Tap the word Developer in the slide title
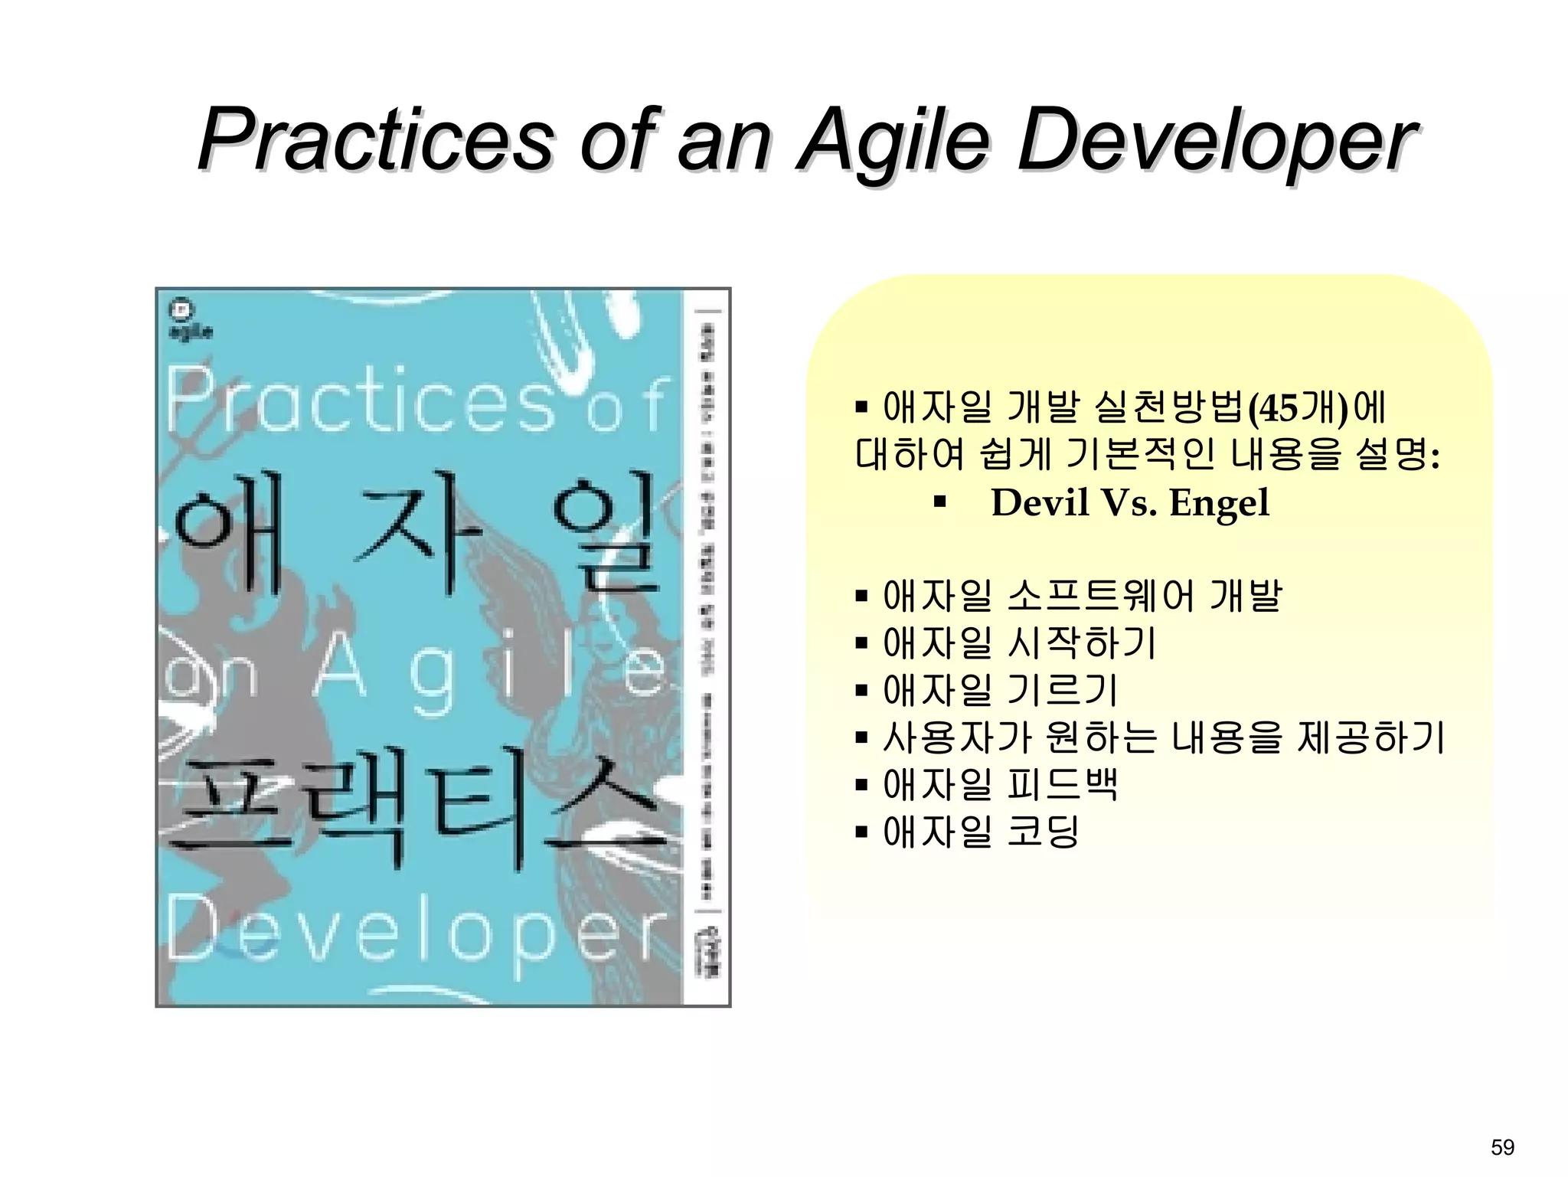tap(1217, 140)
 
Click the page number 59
tap(1502, 1147)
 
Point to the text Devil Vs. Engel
tap(1129, 503)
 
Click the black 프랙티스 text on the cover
tap(413, 812)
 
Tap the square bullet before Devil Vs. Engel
tap(940, 504)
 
